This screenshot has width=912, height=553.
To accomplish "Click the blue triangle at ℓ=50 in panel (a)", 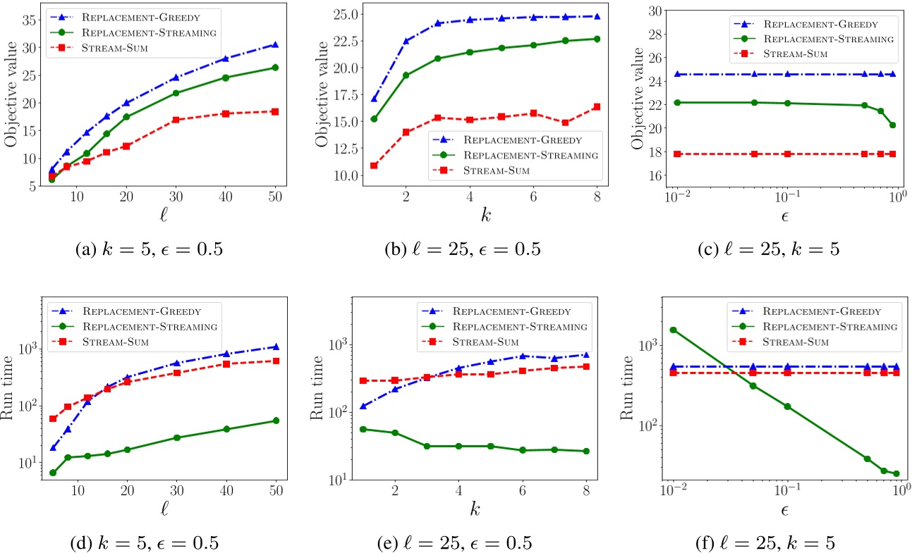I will click(275, 44).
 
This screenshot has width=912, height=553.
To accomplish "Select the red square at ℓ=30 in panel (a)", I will click(176, 120).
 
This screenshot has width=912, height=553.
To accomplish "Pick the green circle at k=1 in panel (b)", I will click(374, 118).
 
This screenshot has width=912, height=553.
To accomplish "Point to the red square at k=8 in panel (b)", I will click(597, 106).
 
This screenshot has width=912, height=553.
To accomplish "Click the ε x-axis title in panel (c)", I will click(782, 216).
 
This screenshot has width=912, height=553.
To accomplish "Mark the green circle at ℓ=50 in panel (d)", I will click(275, 421).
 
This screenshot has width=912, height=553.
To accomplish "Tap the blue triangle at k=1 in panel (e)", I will click(374, 406).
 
